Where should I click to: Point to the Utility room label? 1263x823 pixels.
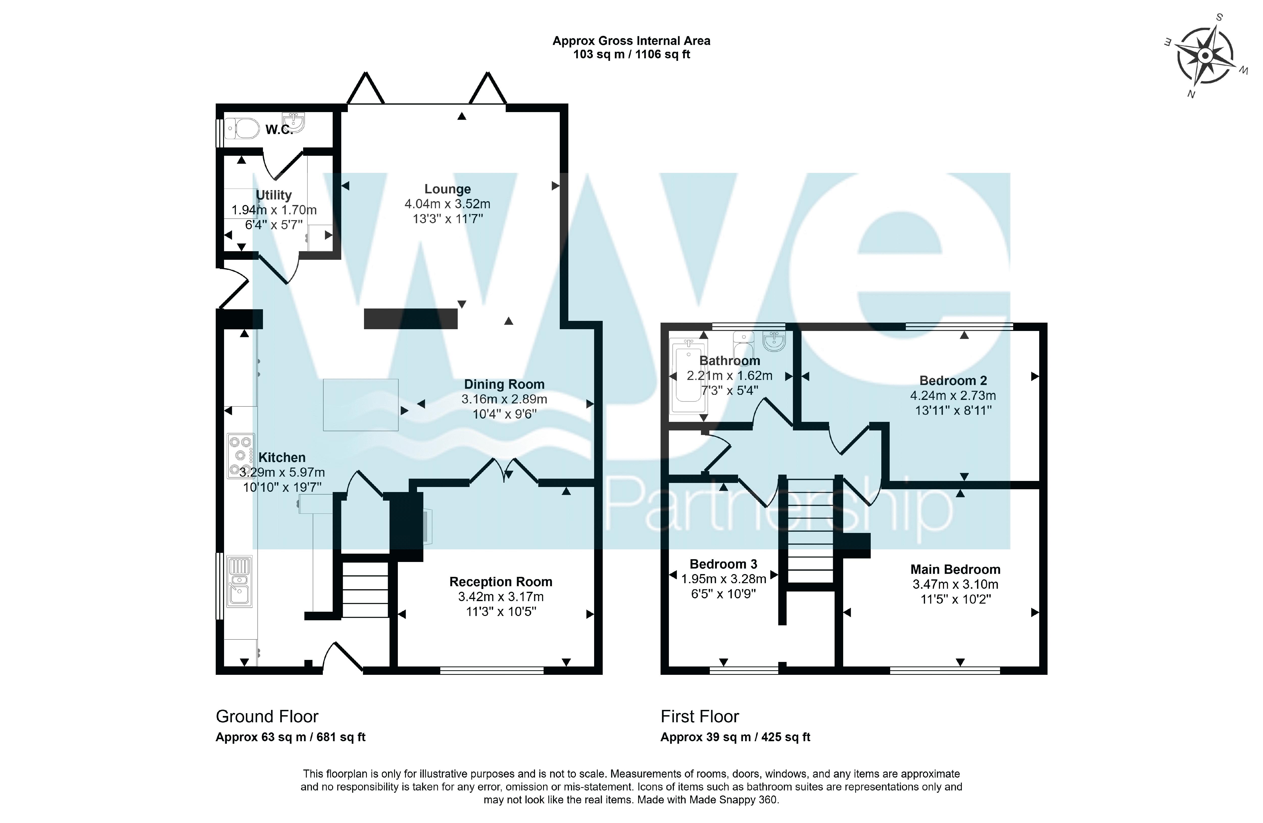(x=274, y=195)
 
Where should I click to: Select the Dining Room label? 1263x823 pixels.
(x=504, y=384)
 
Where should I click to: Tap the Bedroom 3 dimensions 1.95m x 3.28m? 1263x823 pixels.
(x=724, y=579)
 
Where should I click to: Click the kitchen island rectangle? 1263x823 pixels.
(x=361, y=405)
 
